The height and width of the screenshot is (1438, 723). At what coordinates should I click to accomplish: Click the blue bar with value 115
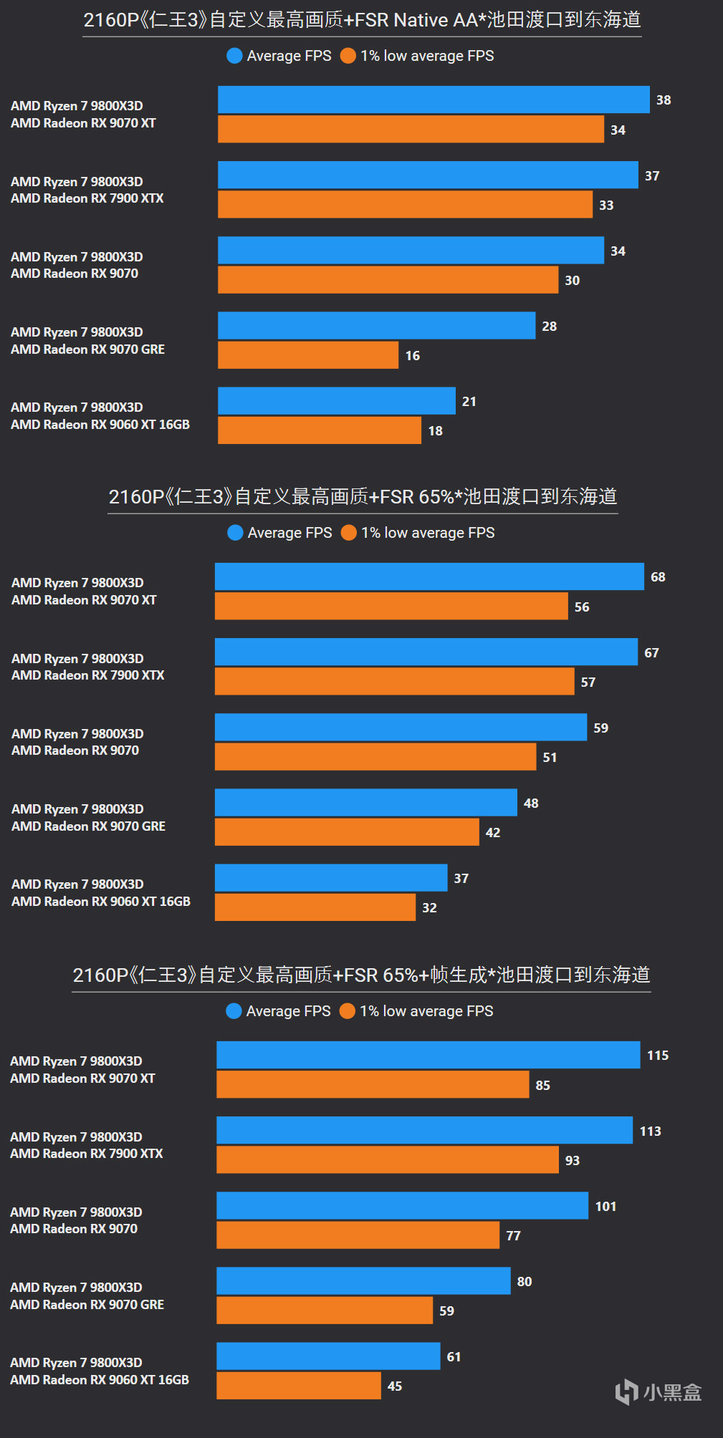click(x=428, y=1055)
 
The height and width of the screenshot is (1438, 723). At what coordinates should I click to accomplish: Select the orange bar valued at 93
click(x=387, y=1159)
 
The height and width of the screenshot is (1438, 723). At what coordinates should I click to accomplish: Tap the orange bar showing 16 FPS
click(x=307, y=355)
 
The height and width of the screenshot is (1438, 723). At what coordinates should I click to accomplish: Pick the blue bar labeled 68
click(x=429, y=576)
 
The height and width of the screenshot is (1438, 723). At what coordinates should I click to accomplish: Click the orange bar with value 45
click(x=298, y=1386)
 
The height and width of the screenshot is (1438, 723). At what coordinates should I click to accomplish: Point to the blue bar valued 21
click(x=336, y=401)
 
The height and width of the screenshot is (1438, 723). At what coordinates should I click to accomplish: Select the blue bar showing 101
click(x=402, y=1205)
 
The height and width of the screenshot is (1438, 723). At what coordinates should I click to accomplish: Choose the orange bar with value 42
click(x=347, y=832)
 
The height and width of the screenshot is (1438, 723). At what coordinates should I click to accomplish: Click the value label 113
click(x=650, y=1131)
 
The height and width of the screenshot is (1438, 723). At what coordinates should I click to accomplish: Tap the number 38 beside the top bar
click(x=664, y=100)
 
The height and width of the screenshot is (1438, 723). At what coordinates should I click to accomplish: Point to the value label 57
click(x=588, y=682)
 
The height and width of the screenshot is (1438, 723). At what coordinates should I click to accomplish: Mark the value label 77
click(x=513, y=1236)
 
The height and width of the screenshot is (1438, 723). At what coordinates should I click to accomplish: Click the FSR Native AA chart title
click(x=362, y=20)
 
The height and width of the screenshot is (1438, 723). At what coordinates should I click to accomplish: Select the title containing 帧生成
click(x=361, y=975)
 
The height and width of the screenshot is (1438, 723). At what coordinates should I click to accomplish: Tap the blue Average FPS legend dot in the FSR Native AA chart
click(x=234, y=56)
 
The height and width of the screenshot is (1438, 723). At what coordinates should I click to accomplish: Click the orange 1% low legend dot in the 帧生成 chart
click(x=348, y=1011)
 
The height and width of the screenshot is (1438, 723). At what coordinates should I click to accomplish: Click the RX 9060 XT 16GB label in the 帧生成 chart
click(x=100, y=1379)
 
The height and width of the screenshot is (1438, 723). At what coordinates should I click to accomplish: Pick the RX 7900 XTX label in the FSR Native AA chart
click(x=87, y=198)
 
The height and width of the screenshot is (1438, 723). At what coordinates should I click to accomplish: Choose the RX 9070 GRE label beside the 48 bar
click(x=89, y=826)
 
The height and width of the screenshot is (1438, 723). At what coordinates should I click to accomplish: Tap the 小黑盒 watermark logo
click(x=659, y=1391)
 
